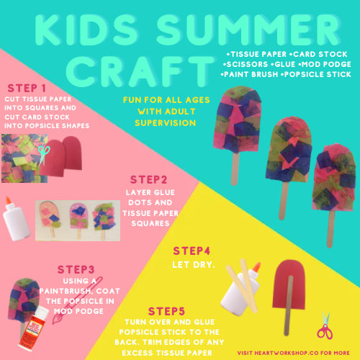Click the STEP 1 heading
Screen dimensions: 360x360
coord(27,88)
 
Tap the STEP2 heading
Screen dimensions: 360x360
coord(148,180)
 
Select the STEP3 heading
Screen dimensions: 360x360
coord(76,269)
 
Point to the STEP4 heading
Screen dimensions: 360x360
coord(192,251)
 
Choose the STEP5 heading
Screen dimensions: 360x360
coord(166,311)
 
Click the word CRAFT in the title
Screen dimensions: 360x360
coord(140,71)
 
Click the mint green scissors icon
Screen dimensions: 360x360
coord(44,155)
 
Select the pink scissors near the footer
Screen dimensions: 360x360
coord(325,325)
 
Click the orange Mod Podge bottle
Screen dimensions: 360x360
coord(33,328)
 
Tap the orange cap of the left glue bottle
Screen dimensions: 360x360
coord(8,200)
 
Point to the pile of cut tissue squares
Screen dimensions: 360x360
coord(24,158)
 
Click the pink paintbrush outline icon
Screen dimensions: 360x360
coord(77,301)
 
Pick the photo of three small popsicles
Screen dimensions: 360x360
coord(78,220)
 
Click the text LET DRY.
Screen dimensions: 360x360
coord(194,265)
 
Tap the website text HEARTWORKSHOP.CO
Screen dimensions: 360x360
coord(287,353)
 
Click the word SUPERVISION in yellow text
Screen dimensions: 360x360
coord(166,123)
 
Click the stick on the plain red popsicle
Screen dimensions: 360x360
coord(288,305)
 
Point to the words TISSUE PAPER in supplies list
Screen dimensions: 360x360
coord(258,54)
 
